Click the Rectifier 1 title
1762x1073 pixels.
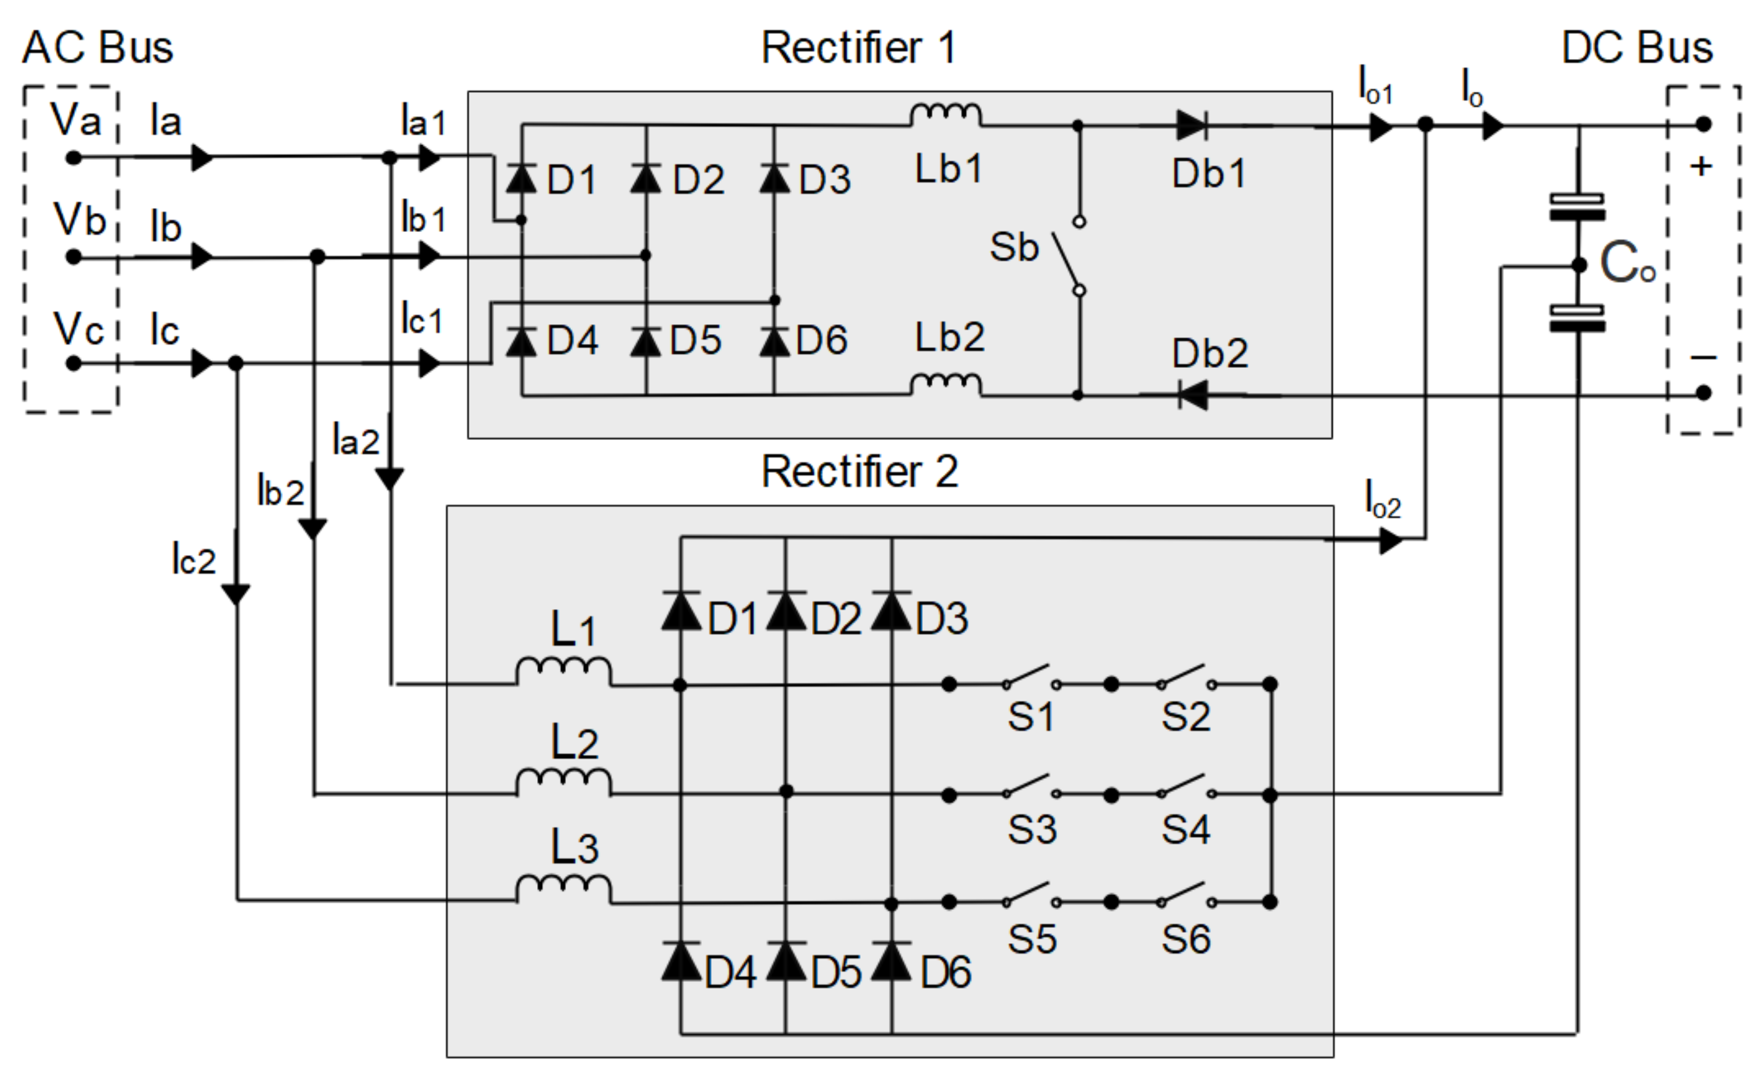[x=858, y=48]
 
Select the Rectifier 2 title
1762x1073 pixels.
[x=859, y=471]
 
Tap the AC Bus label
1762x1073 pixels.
[x=97, y=48]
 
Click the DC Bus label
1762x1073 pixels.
[x=1637, y=48]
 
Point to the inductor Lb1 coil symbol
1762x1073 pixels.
[x=946, y=114]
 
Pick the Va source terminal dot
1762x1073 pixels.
[x=74, y=158]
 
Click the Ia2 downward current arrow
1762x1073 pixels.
[x=389, y=478]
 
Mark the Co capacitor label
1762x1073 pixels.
[x=1627, y=263]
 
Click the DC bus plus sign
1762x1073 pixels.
[x=1701, y=167]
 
